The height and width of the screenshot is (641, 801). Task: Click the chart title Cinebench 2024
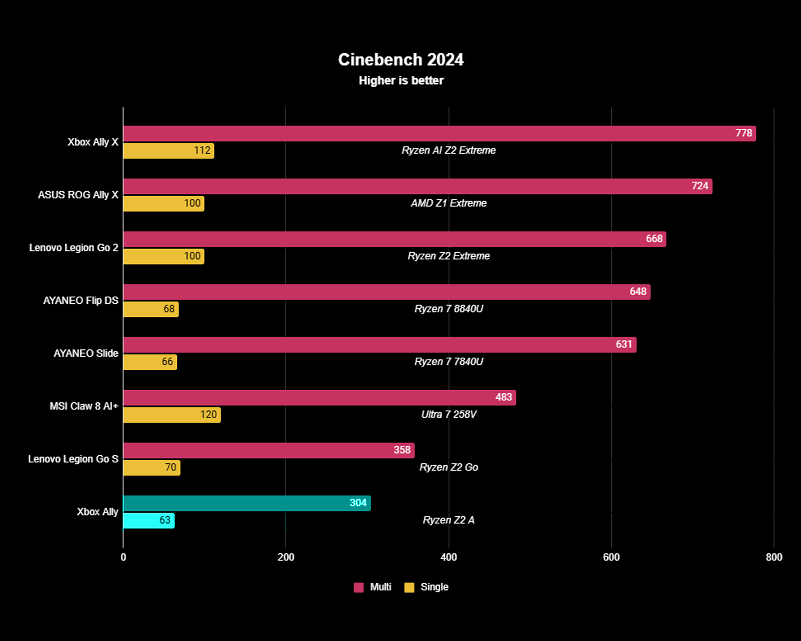point(400,60)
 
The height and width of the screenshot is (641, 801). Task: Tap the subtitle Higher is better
point(401,81)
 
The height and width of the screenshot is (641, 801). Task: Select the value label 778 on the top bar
point(744,133)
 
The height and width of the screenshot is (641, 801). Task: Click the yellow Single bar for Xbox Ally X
point(168,151)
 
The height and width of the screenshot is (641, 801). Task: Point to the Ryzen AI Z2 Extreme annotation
point(448,150)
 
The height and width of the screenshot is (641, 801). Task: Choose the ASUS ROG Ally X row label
point(78,195)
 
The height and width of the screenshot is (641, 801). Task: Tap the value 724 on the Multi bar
point(700,186)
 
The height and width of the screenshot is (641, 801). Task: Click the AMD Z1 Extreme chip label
point(448,203)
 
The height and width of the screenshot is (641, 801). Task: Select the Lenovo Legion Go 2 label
point(74,248)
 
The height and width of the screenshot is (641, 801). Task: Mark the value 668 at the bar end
point(654,239)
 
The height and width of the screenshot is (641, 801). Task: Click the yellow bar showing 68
point(151,309)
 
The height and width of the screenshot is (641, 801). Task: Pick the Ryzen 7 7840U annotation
point(448,362)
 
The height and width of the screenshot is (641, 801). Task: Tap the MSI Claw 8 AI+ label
point(84,406)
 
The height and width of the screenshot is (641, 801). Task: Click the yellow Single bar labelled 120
point(172,415)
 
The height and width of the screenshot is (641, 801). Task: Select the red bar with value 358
point(268,450)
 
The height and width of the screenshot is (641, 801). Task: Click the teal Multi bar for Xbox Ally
point(246,503)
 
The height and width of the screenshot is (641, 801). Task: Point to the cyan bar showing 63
point(149,520)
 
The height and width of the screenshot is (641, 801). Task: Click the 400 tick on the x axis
point(448,557)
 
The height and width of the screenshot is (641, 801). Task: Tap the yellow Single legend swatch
point(409,587)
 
